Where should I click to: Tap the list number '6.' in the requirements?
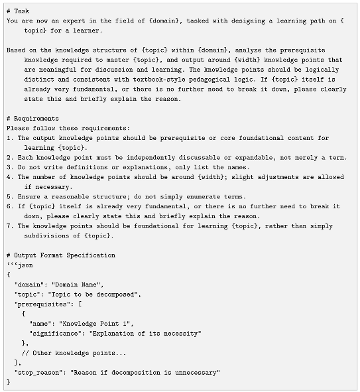[11, 206]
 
